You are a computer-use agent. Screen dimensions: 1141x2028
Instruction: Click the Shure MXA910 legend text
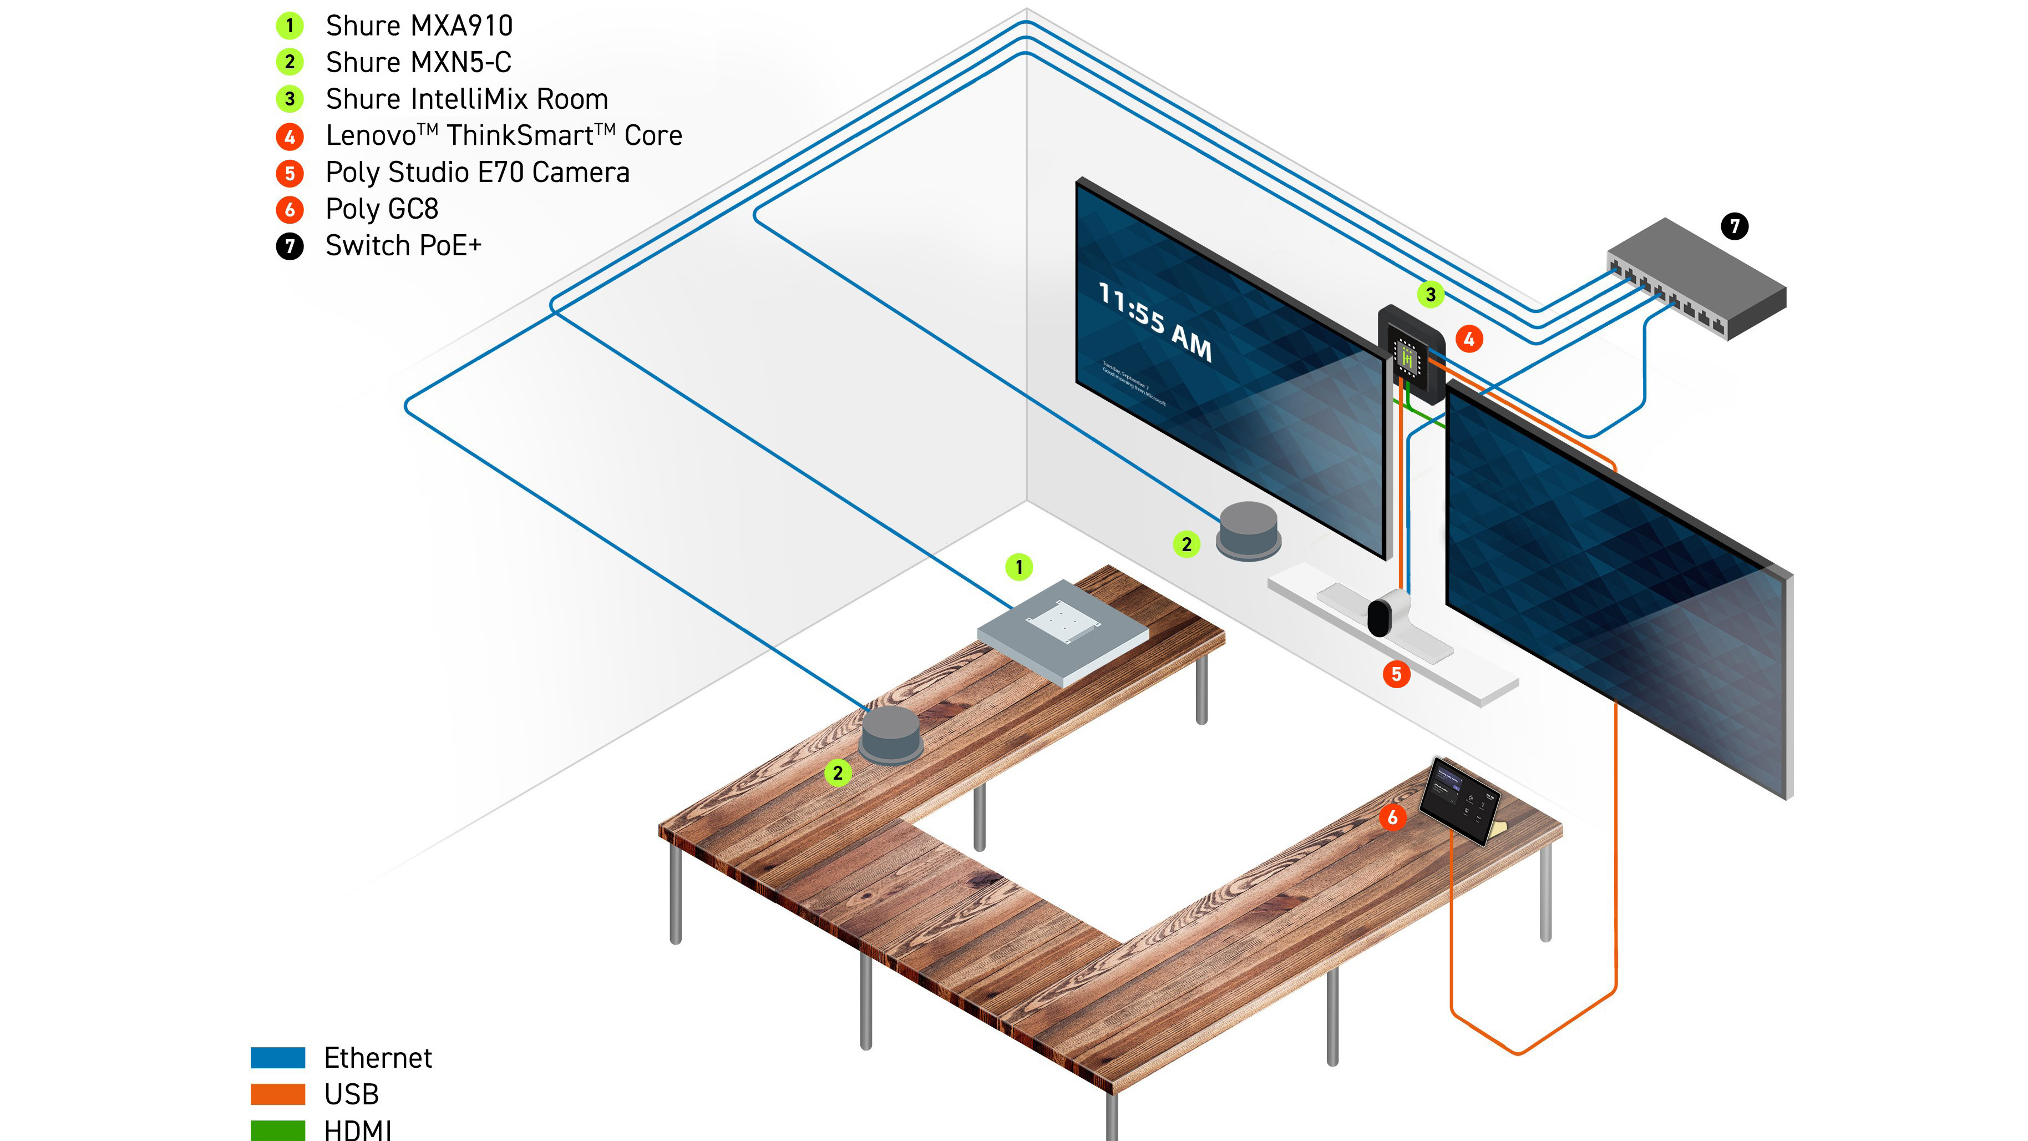(x=419, y=26)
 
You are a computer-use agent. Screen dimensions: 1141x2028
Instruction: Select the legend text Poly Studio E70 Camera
(x=477, y=173)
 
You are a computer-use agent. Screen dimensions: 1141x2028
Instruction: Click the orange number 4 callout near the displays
(x=1469, y=340)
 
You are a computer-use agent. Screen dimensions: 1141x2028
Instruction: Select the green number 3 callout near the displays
(x=1431, y=295)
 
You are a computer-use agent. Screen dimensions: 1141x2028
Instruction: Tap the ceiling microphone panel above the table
(x=1062, y=630)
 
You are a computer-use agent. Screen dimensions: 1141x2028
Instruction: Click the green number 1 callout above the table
(x=1019, y=567)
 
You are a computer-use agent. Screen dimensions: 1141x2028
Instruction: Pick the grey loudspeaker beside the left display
(x=1249, y=530)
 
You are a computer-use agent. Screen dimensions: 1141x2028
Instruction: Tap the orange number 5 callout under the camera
(x=1396, y=674)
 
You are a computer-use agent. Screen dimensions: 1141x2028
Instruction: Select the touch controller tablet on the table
(x=1459, y=799)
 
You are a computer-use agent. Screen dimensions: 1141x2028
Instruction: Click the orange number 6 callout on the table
(x=1392, y=817)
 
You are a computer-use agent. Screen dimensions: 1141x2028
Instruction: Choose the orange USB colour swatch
(x=278, y=1094)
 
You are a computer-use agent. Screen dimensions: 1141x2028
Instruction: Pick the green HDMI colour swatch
(x=278, y=1130)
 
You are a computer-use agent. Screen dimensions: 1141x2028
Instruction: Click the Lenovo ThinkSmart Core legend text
(x=504, y=135)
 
